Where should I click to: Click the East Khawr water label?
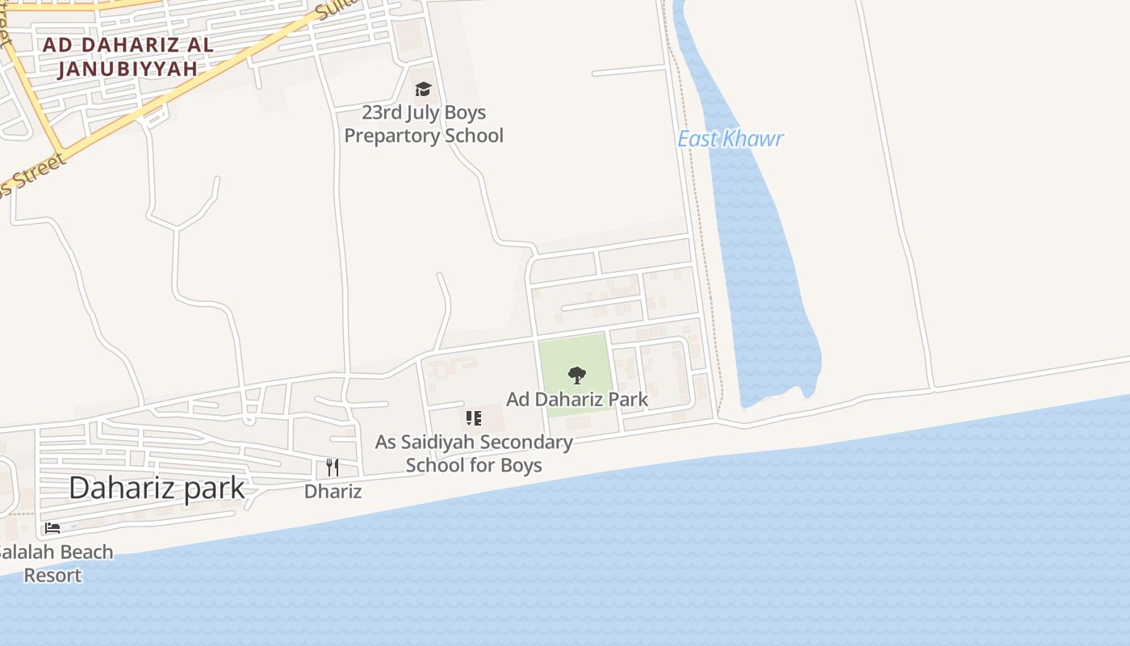tap(730, 139)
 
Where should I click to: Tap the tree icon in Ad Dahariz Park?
tap(576, 375)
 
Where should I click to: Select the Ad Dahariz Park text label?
tap(576, 399)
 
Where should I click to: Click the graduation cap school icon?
tap(423, 89)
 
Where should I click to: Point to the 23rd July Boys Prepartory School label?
tap(424, 124)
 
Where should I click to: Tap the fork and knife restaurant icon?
tap(333, 467)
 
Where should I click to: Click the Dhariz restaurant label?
tap(333, 491)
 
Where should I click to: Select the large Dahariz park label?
tap(157, 488)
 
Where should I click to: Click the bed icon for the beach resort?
tap(52, 528)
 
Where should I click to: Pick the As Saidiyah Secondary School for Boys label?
tap(474, 454)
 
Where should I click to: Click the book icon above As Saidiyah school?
tap(474, 418)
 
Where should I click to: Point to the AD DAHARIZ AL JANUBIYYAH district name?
tap(128, 57)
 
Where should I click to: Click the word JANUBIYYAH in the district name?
tap(128, 69)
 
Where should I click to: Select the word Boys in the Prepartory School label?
tap(464, 112)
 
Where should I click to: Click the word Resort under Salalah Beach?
tap(52, 576)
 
